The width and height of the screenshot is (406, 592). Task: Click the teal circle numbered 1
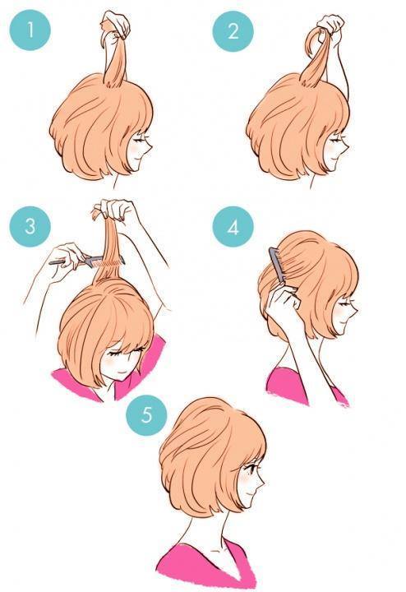coord(30,30)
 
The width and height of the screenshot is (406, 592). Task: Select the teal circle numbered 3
coord(30,227)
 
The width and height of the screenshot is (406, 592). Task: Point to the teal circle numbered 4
coord(233,227)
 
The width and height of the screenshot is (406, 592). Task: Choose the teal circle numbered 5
coord(146,415)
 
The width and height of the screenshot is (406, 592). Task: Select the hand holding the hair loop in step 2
coord(330,26)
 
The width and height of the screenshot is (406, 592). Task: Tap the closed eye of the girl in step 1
coord(141,140)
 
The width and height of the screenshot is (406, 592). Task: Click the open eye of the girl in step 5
coord(251,468)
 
